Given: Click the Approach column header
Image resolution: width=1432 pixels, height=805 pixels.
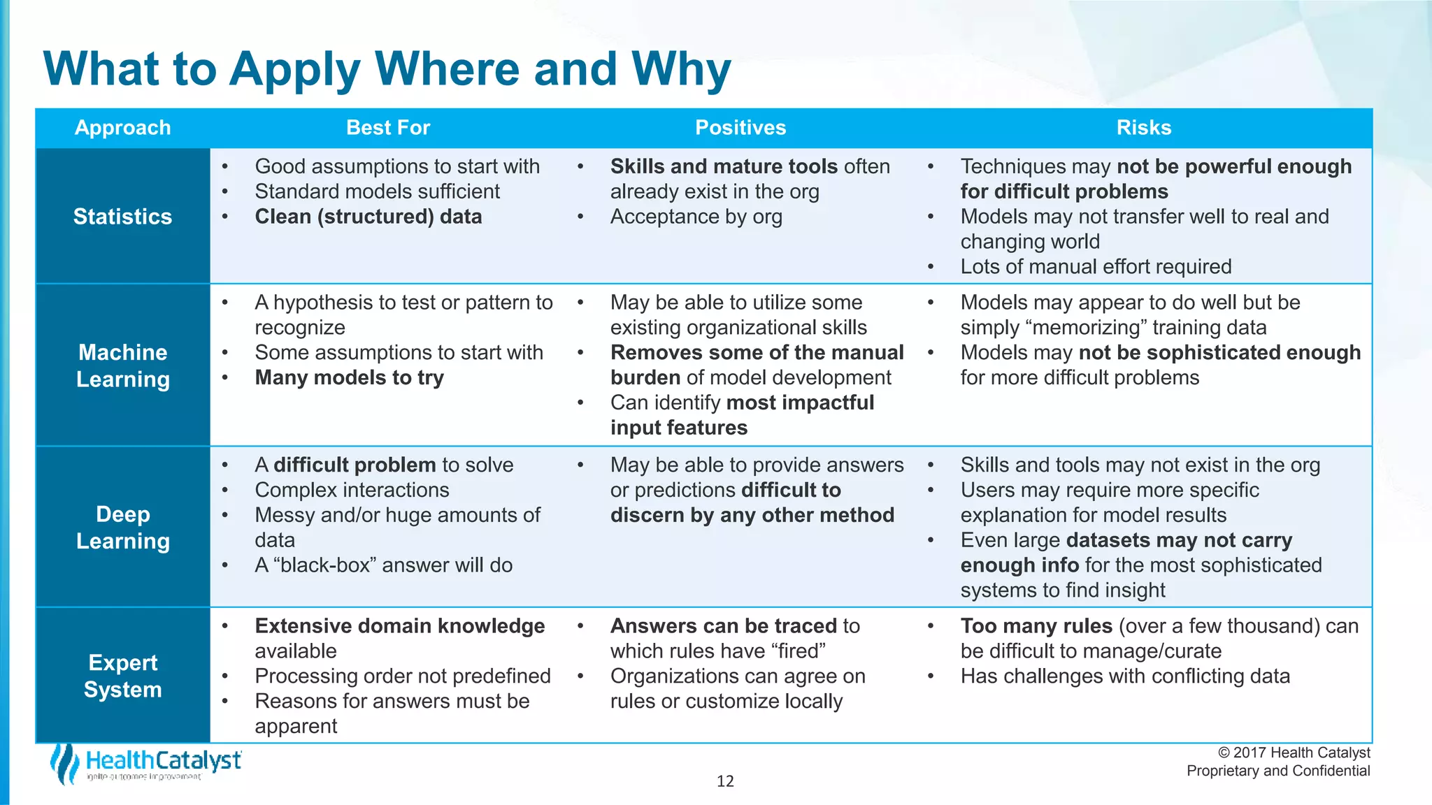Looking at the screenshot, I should pos(122,128).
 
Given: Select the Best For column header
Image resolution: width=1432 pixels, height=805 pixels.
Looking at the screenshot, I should pos(388,128).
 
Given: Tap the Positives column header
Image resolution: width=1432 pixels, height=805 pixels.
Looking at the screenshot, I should pos(740,128).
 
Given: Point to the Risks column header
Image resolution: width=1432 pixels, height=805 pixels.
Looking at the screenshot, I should pos(1143,128).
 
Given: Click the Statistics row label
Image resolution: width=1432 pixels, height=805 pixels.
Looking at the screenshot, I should pos(122,217).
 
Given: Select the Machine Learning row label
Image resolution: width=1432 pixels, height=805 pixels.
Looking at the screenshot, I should pos(122,365).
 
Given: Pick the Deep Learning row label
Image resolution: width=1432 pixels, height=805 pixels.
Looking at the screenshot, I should pos(122,528).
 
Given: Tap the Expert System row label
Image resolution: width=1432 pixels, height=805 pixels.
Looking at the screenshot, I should pos(122,676).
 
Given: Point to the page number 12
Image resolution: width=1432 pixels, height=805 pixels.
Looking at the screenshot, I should pos(725,781).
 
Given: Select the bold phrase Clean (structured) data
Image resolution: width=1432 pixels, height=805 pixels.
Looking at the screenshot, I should pos(368,217).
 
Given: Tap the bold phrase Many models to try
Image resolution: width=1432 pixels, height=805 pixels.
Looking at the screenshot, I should pos(349,378).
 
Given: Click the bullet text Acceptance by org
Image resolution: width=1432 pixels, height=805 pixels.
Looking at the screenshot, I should pos(696,217).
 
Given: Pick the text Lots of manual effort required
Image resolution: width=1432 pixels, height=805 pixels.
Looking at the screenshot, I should pos(1096,267).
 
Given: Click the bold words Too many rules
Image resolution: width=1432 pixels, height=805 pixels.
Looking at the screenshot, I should pos(1036,626).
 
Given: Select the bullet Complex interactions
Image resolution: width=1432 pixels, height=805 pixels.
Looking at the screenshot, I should pos(352,491).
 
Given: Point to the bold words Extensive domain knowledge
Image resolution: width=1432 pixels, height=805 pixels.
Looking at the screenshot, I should pos(399,626).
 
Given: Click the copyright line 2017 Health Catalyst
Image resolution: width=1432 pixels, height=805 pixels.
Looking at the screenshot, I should pos(1294,753).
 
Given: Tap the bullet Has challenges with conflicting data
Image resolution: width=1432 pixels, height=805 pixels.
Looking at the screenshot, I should pos(1124,676).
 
